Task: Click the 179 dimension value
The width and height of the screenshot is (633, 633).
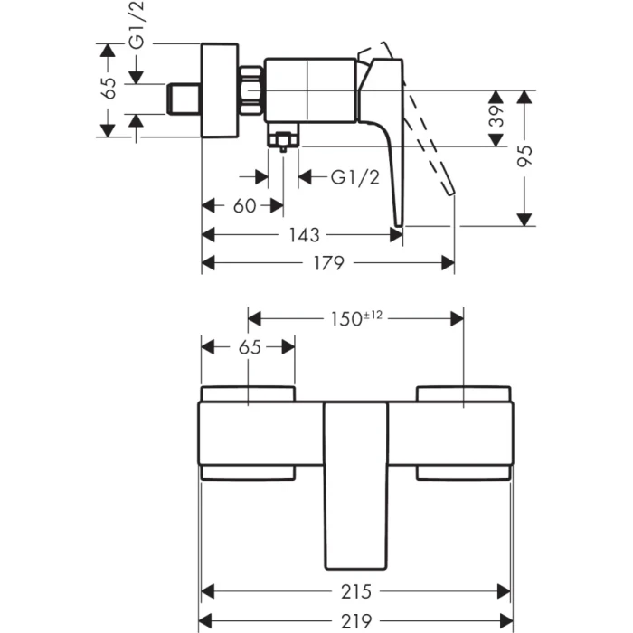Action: click(327, 263)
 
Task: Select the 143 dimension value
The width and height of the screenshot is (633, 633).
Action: click(304, 235)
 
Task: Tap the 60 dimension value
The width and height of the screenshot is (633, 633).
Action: click(244, 206)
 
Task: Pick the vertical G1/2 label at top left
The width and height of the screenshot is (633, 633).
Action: click(136, 25)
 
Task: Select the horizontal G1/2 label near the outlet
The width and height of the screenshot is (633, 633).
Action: click(354, 177)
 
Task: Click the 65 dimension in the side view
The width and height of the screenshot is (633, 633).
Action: click(109, 88)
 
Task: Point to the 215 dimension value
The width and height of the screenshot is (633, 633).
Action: click(356, 592)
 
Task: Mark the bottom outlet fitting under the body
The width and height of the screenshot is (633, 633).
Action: click(283, 140)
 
